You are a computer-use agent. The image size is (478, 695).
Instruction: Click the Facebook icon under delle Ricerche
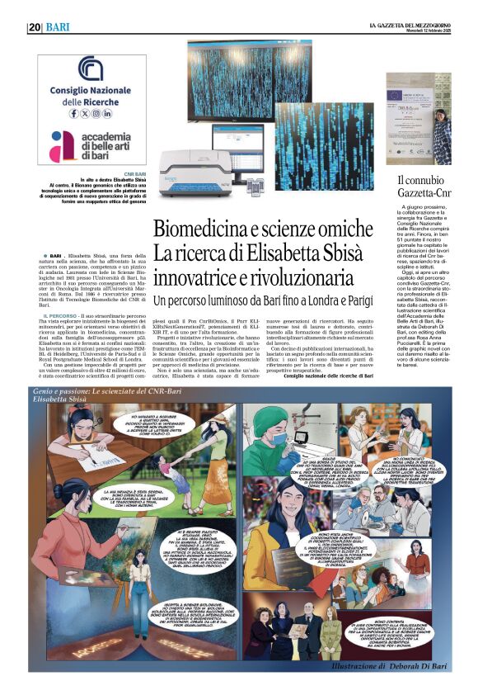(x=73, y=113)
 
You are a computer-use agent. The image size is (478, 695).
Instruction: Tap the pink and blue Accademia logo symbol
(x=63, y=145)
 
